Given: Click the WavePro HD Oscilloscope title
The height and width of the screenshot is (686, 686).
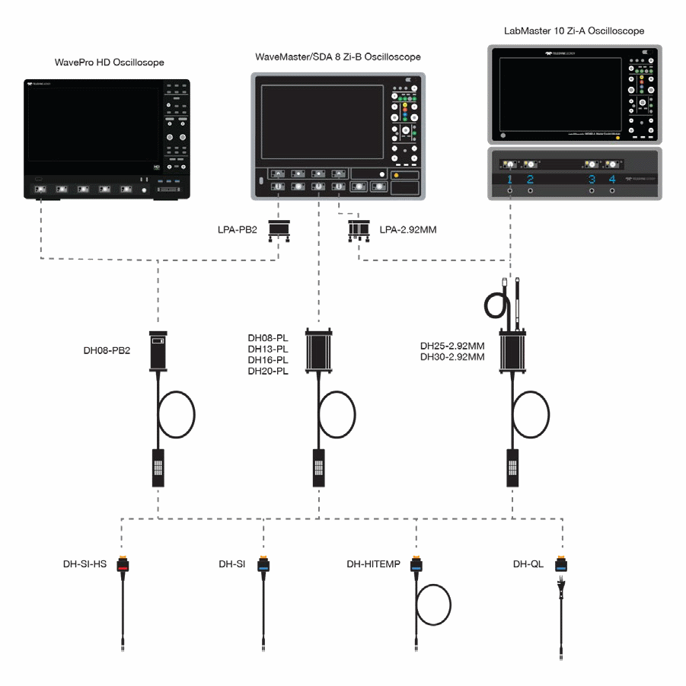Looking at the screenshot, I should click(110, 62).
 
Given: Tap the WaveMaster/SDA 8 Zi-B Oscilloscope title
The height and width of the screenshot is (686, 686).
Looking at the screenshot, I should click(338, 57).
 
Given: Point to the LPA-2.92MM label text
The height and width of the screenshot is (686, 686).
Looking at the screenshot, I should click(407, 228).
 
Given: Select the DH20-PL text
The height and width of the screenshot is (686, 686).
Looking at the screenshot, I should click(268, 371).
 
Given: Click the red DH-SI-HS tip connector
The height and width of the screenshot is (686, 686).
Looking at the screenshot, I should click(122, 565).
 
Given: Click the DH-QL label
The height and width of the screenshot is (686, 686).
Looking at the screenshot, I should click(530, 564).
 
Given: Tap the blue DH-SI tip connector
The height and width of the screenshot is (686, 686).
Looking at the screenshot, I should click(263, 565).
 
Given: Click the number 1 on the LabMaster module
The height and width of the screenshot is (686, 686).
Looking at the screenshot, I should click(510, 180).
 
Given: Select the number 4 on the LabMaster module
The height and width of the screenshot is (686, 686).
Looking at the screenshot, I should click(612, 180).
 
